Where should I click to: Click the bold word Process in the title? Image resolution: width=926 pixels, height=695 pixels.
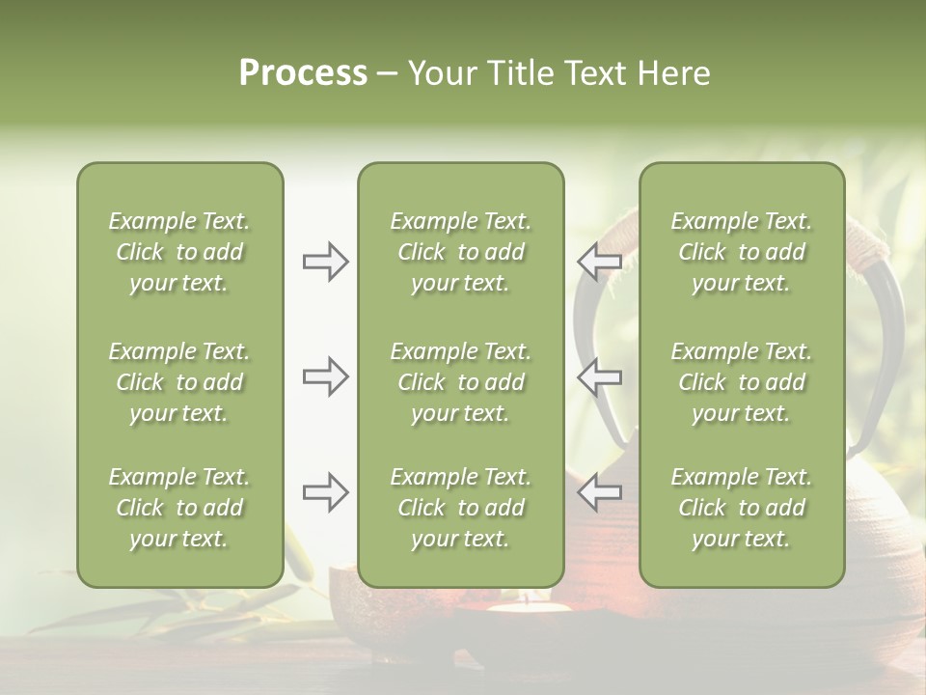click(303, 73)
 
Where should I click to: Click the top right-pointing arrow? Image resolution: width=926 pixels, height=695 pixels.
click(325, 262)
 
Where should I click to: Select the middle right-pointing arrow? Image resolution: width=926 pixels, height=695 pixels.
click(325, 376)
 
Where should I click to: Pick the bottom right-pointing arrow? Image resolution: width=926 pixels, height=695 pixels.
click(325, 492)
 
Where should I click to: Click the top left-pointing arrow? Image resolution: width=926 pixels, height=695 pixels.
click(599, 262)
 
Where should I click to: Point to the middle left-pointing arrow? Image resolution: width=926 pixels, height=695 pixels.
click(599, 376)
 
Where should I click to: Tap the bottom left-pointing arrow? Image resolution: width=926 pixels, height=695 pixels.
click(599, 492)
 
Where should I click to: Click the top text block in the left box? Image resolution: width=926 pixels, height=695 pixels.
click(179, 252)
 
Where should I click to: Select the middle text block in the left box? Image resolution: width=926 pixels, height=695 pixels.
click(179, 382)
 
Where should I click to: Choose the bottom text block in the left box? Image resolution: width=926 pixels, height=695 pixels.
click(179, 508)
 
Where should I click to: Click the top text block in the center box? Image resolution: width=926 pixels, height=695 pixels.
click(460, 252)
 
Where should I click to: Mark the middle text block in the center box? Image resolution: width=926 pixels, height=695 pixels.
click(460, 382)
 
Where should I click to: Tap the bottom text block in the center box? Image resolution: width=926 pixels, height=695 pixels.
click(460, 508)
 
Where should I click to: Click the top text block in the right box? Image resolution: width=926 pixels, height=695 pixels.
click(741, 252)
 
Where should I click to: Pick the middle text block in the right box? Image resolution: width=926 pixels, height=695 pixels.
click(741, 382)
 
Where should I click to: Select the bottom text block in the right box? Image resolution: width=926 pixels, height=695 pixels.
click(741, 508)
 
